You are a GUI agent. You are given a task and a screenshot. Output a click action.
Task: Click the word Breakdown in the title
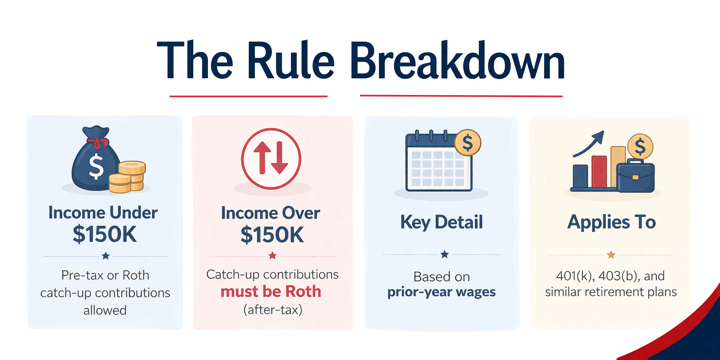point(457,60)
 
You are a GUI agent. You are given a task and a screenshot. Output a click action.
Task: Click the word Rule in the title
point(291,60)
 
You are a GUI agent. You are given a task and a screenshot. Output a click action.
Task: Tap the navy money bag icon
point(96,158)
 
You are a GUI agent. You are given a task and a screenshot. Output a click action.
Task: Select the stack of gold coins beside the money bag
point(127,177)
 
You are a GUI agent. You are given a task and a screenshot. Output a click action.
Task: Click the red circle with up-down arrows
point(271,159)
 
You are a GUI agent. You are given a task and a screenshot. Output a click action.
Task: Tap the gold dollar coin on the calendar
point(468,142)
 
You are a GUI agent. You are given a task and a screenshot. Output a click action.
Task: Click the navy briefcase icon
point(635,176)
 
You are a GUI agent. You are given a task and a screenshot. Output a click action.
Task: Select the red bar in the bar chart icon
point(599,171)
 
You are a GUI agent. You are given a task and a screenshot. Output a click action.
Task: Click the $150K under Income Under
point(105,234)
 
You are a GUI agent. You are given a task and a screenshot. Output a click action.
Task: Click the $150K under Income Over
point(272,235)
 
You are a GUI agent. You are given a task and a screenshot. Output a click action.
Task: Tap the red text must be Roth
point(271,291)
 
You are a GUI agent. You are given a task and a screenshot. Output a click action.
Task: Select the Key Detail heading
point(442,222)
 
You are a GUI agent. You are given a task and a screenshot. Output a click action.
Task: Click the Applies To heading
point(611,222)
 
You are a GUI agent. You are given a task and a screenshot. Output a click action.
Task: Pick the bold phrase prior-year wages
point(442,292)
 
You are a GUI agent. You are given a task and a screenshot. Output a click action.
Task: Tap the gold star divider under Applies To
point(611,255)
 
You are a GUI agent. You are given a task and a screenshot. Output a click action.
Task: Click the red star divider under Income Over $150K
point(272,256)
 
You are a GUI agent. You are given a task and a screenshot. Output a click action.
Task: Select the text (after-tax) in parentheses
point(273,310)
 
